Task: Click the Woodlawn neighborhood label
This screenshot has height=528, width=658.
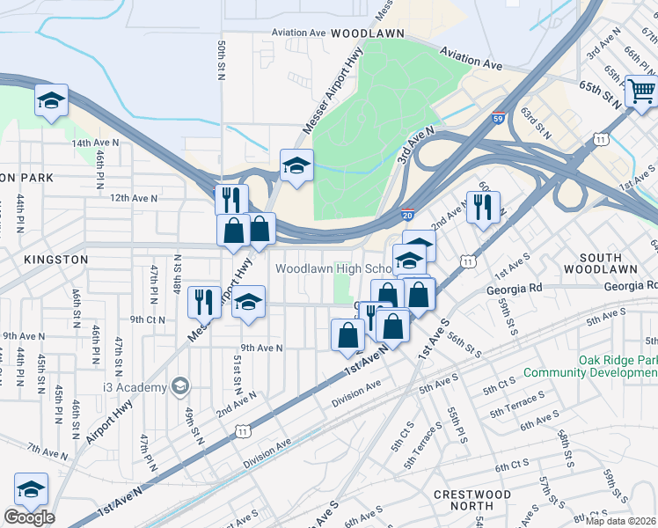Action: point(367,33)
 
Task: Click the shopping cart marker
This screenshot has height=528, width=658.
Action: point(641,91)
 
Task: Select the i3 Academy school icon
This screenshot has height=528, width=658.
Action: point(179,386)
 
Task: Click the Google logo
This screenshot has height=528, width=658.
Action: point(29,517)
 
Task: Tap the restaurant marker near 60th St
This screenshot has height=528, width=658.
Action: point(483,208)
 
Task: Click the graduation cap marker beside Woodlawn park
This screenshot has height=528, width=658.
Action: point(296,165)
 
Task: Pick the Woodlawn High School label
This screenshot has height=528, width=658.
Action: point(334,268)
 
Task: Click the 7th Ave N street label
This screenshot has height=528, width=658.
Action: point(47,451)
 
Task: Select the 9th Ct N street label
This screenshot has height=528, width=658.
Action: point(149,319)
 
